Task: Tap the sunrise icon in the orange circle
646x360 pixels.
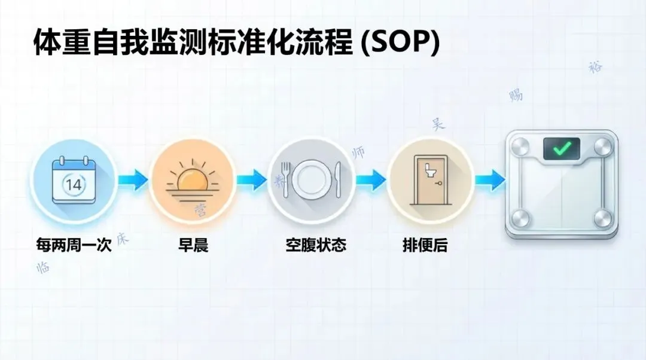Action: [191, 179]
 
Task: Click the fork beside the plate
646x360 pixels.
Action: [287, 178]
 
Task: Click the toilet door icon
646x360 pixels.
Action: [430, 179]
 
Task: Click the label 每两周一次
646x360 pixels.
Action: [74, 245]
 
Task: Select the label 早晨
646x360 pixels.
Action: [193, 245]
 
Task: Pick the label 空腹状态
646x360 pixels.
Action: [315, 245]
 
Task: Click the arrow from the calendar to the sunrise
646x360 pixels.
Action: [133, 178]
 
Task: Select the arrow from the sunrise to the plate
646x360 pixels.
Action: [251, 178]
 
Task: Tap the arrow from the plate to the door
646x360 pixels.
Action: [371, 178]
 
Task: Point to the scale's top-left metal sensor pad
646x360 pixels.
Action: [521, 145]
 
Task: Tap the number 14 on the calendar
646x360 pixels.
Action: [74, 184]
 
